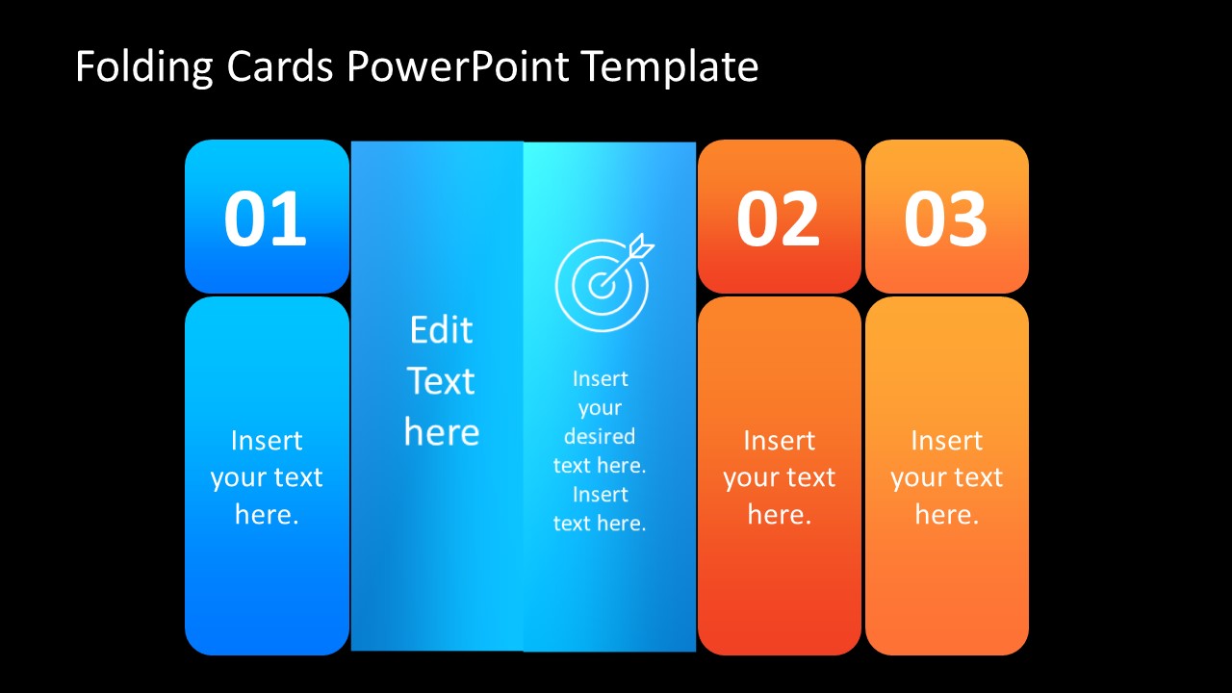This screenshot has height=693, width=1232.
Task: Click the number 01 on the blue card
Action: click(266, 219)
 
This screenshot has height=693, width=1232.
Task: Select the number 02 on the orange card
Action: click(778, 219)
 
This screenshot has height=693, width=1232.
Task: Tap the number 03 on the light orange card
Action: click(945, 219)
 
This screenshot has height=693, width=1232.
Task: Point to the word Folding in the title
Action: click(143, 68)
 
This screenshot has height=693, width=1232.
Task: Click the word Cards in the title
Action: click(281, 67)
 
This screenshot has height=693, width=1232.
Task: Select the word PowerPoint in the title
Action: click(458, 68)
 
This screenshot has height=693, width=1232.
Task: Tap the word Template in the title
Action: click(670, 68)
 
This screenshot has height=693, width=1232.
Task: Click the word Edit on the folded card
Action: click(441, 330)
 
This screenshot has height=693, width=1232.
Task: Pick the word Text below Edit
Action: click(441, 381)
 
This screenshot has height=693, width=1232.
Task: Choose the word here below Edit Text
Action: click(441, 432)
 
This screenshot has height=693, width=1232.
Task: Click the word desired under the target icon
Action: click(600, 436)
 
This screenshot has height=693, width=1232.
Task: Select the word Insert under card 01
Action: click(267, 441)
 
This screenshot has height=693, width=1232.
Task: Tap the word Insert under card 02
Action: click(779, 441)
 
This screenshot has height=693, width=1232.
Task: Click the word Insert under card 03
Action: click(946, 441)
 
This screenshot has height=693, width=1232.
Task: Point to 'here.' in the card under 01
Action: click(267, 515)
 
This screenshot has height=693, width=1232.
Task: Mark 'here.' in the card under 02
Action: click(779, 515)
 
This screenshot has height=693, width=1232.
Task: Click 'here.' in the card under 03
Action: click(946, 515)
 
